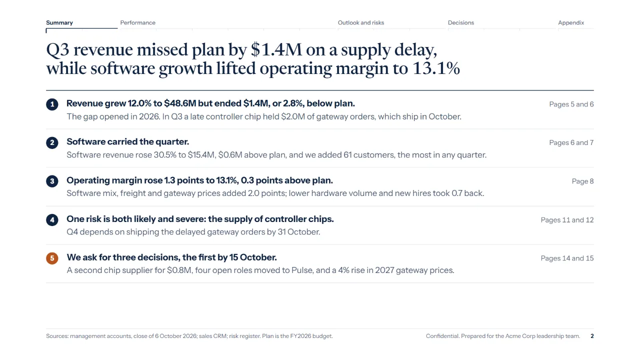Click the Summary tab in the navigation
pyautogui.click(x=59, y=22)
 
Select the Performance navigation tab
pyautogui.click(x=137, y=22)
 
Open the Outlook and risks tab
pyautogui.click(x=361, y=22)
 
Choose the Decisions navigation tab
pyautogui.click(x=461, y=22)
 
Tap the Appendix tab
pyautogui.click(x=571, y=22)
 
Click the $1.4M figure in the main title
pyautogui.click(x=276, y=49)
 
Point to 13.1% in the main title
pyautogui.click(x=436, y=68)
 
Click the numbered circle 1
pyautogui.click(x=52, y=104)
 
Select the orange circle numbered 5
pyautogui.click(x=52, y=258)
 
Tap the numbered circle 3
pyautogui.click(x=52, y=181)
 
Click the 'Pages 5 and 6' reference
pyautogui.click(x=571, y=104)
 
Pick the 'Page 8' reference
pyautogui.click(x=582, y=181)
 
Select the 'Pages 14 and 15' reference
pyautogui.click(x=567, y=258)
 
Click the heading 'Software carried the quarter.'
pyautogui.click(x=127, y=141)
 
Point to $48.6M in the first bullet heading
pyautogui.click(x=180, y=103)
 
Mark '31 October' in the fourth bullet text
pyautogui.click(x=298, y=231)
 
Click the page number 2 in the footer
pyautogui.click(x=592, y=336)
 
